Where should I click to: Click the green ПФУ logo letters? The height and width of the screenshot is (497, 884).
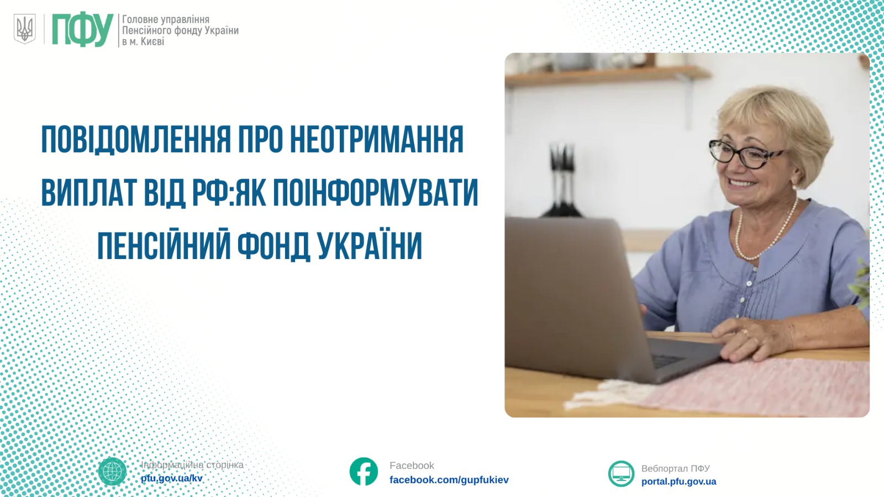tap(83, 30)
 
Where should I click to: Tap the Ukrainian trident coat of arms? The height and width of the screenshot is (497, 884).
tap(24, 29)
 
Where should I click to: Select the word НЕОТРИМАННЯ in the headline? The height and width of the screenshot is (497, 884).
tap(376, 139)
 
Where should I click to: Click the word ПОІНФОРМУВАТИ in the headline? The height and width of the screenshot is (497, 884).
tap(375, 193)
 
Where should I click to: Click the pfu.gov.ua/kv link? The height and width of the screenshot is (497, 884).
tap(172, 478)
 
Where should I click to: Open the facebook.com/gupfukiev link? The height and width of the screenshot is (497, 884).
tap(449, 480)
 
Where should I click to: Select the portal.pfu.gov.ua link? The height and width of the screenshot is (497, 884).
tap(679, 482)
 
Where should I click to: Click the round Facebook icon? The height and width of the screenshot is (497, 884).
tap(364, 472)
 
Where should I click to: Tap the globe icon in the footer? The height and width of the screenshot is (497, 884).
tap(113, 472)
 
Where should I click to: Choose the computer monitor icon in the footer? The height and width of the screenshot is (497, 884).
tap(621, 473)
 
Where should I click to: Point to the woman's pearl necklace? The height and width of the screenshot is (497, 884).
tap(764, 232)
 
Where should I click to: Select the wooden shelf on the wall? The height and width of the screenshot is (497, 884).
tap(608, 76)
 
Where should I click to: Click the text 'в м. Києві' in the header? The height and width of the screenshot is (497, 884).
tap(143, 41)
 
